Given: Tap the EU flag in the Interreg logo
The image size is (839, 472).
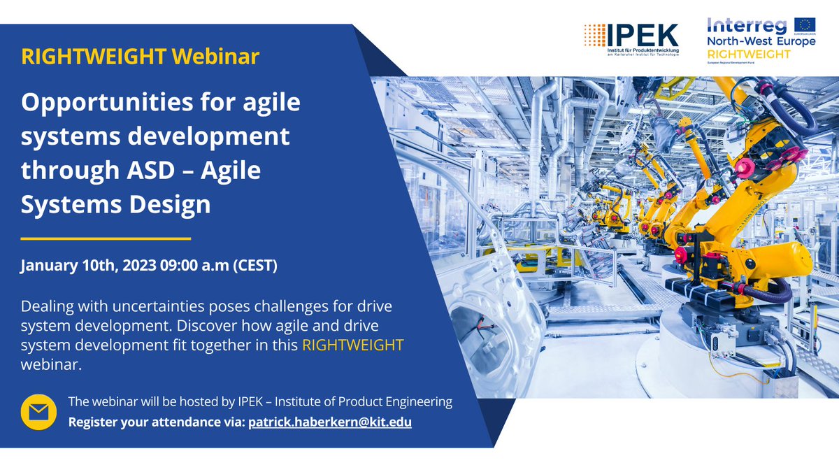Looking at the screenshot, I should [804, 25].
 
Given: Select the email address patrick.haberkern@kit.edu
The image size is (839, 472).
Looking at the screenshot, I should [330, 422].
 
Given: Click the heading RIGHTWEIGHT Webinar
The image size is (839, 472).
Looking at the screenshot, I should [141, 57].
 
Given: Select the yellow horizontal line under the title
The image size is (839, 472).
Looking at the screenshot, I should [106, 238].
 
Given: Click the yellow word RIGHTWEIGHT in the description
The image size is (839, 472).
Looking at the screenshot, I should [353, 345].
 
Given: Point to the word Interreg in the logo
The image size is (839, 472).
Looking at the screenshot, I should [747, 26].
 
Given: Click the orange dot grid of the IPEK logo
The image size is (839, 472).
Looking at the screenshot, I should [595, 34].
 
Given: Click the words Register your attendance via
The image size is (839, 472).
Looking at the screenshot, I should [156, 422].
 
